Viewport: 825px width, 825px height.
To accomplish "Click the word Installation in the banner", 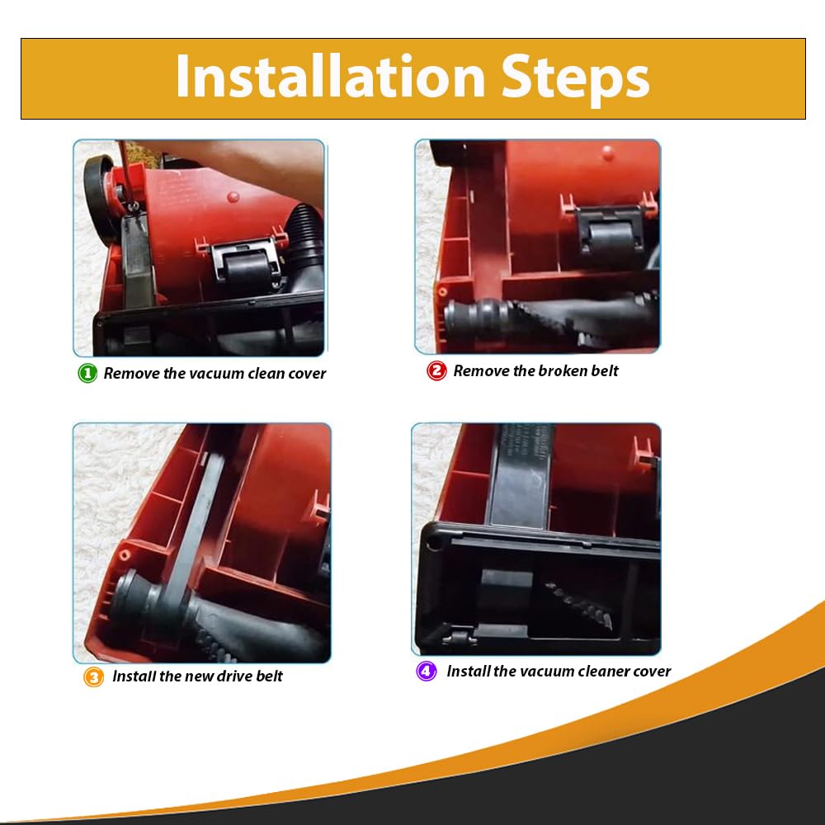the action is (330, 76).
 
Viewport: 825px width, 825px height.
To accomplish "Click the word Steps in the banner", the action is (575, 80).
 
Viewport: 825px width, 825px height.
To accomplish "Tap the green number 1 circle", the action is (87, 373).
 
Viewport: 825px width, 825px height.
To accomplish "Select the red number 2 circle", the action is (436, 370).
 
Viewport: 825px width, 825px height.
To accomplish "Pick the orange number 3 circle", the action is (94, 676).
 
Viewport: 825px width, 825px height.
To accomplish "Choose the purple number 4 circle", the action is (427, 672).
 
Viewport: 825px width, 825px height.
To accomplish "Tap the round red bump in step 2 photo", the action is (608, 153).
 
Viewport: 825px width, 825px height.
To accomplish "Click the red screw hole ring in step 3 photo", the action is (125, 554).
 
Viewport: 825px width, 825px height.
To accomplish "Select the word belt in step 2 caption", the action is (604, 371).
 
